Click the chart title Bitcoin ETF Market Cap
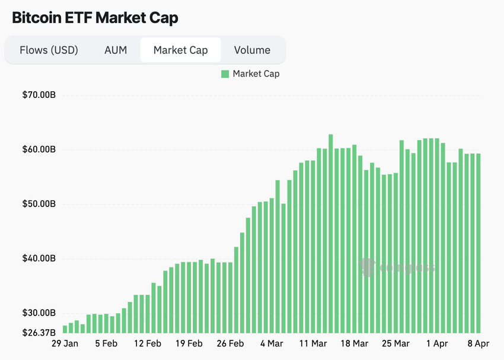95,18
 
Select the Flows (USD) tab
49,50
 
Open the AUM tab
116,50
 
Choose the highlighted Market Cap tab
180,50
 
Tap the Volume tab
252,50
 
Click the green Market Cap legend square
225,74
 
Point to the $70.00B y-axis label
40,95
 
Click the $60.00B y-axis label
40,149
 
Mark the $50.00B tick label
40,204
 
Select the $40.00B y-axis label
40,259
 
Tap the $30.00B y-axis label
40,313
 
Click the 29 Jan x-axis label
65,343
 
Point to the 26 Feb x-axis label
230,343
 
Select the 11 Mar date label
313,343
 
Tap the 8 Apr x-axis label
478,343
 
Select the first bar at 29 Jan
65,329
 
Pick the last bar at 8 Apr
479,243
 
